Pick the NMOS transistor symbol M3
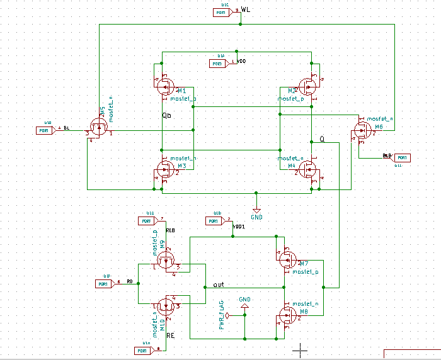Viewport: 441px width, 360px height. [164, 169]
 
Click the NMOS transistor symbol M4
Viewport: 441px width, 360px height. [309, 169]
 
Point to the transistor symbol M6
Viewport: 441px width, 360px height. [362, 130]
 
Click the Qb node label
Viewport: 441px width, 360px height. [166, 116]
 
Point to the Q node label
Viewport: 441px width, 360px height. [322, 138]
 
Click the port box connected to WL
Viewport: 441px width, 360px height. [222, 12]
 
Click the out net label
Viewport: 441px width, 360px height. [219, 284]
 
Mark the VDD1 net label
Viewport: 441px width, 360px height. [239, 226]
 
